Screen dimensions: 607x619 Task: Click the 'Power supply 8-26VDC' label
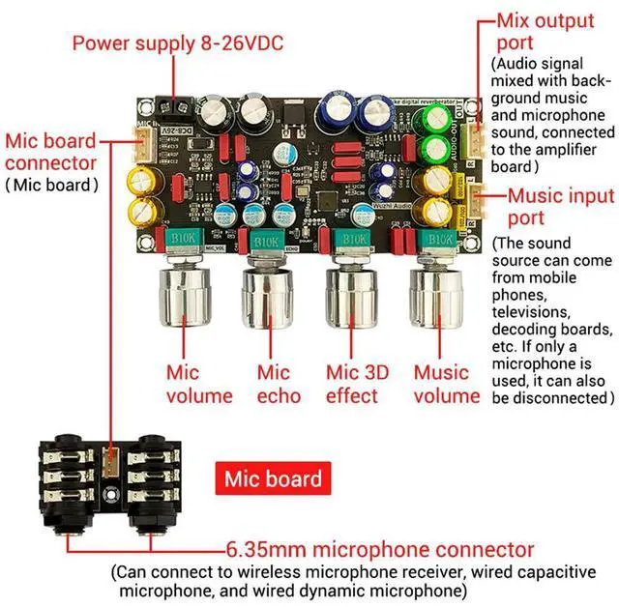pyautogui.click(x=177, y=43)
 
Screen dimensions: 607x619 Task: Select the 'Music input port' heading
pyautogui.click(x=552, y=207)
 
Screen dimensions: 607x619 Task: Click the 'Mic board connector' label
pyautogui.click(x=51, y=152)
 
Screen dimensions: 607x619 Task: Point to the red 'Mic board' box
pyautogui.click(x=273, y=477)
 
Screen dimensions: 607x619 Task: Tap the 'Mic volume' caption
pyautogui.click(x=198, y=384)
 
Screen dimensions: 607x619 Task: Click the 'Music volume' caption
pyautogui.click(x=447, y=384)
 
